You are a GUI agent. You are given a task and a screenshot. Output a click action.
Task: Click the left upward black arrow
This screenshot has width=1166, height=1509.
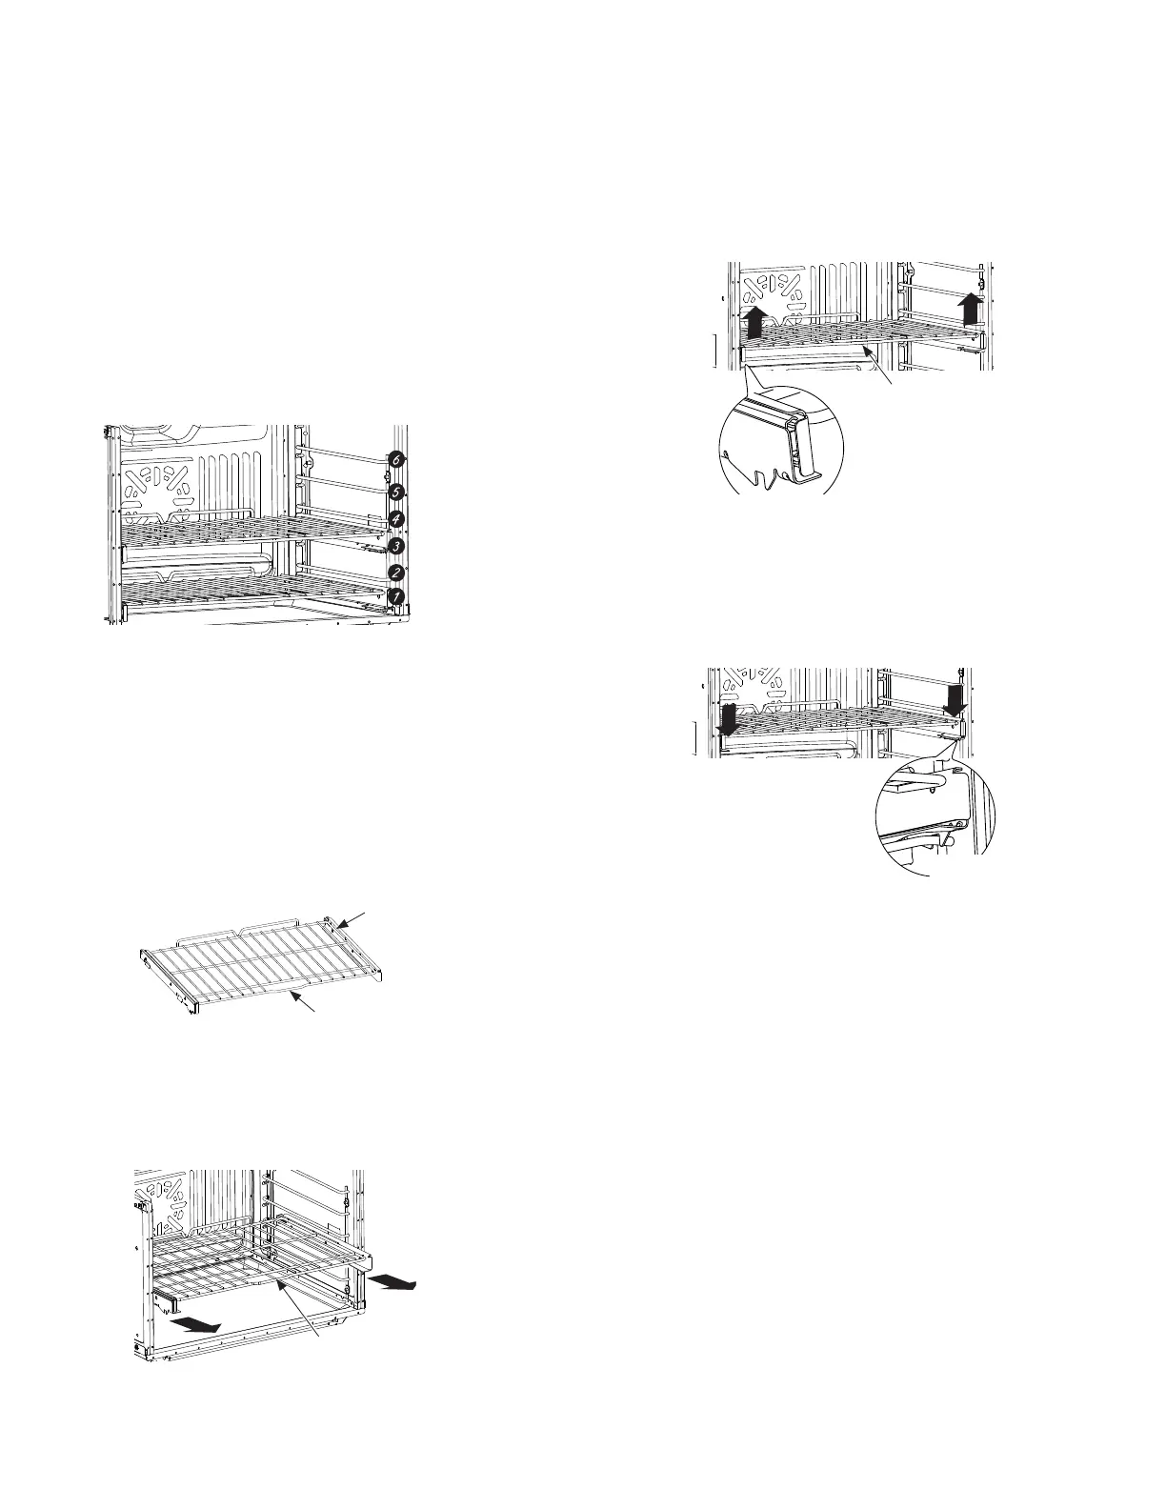click(752, 321)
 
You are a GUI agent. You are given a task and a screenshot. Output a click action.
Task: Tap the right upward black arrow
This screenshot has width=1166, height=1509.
click(971, 309)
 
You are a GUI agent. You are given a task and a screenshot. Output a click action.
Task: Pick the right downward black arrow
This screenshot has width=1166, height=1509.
click(955, 700)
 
